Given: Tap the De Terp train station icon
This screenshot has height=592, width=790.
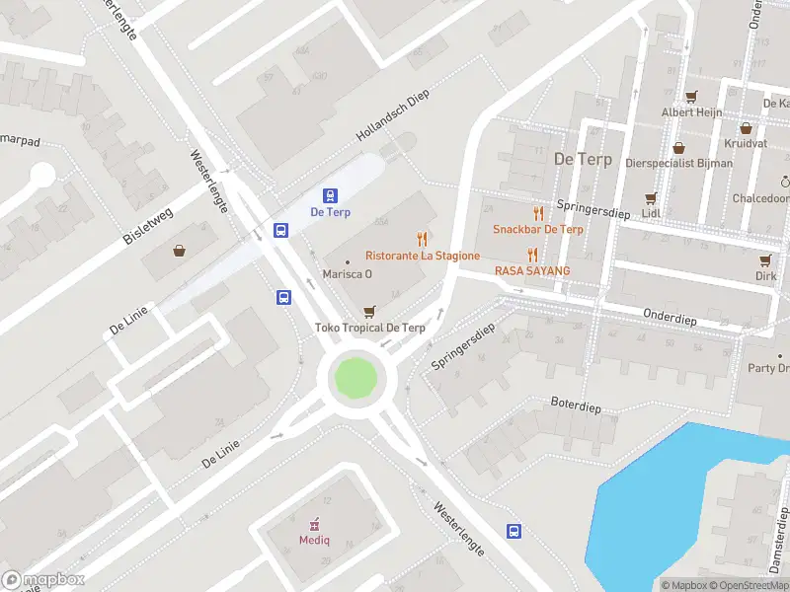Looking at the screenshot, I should click(331, 195).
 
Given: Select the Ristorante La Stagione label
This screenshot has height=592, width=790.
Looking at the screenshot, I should click(423, 256).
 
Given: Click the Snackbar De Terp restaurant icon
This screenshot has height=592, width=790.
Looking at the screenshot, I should click(538, 213).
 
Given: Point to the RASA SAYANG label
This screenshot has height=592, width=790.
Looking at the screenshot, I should click(532, 270).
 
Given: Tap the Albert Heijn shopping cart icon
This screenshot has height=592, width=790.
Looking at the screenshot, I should click(691, 97).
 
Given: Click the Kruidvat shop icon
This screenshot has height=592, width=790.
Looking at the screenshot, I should click(746, 127).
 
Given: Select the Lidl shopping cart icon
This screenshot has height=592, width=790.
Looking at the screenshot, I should click(650, 197).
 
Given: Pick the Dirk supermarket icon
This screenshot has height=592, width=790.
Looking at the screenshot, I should click(765, 260).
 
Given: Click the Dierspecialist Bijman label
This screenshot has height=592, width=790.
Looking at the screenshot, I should click(679, 163).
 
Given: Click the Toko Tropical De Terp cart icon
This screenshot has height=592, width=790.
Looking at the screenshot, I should click(370, 311).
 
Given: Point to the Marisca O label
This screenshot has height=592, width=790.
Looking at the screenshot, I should click(348, 274).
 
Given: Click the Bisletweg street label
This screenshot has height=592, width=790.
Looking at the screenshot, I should click(148, 224).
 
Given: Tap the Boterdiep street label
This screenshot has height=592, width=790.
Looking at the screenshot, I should click(576, 407).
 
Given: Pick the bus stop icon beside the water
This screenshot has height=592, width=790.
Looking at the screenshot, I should click(514, 532).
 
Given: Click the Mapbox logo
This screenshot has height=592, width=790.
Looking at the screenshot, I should click(43, 579).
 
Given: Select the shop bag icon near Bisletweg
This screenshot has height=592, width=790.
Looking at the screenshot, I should click(179, 251).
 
